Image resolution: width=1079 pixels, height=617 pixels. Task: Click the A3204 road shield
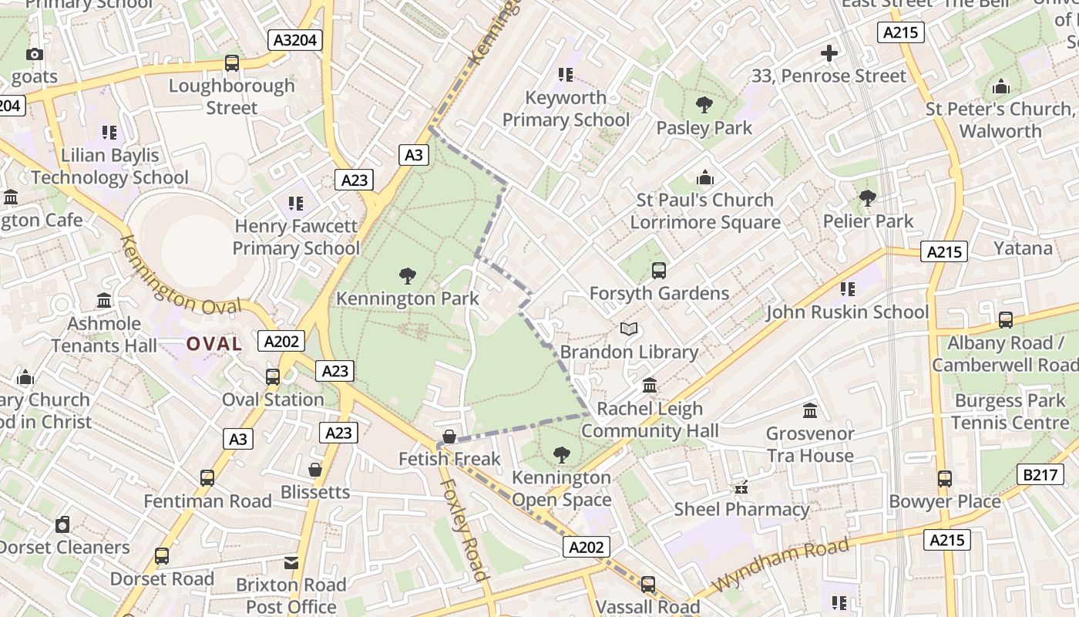point(294,40)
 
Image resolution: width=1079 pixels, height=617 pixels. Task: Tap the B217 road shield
point(1040,474)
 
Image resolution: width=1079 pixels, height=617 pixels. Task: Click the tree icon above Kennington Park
point(408,275)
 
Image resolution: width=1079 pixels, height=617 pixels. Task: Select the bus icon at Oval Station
point(273,377)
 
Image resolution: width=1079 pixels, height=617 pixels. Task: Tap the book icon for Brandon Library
point(629,329)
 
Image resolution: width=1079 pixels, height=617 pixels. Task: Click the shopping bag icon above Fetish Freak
point(449,437)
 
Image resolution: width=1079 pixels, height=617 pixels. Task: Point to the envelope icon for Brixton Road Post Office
point(291,563)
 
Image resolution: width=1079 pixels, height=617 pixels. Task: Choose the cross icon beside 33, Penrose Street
point(829,53)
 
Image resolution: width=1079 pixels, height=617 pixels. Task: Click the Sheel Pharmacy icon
point(741,487)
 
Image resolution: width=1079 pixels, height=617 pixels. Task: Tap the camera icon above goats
point(35,54)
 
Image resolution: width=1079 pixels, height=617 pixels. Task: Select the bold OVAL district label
point(214,344)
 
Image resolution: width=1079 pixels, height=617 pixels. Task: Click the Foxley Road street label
point(464,530)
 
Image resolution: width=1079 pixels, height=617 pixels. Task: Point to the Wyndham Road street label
point(782,565)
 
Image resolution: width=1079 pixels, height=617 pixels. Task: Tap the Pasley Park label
point(704,128)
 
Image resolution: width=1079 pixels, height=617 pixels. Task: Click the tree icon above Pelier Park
point(868,198)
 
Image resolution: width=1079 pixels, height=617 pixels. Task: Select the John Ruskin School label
point(846,312)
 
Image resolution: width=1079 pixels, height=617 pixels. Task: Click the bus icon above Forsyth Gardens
point(659,271)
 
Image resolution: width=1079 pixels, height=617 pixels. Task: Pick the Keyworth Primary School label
point(566,109)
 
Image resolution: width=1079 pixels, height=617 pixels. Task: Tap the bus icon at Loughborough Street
point(232,63)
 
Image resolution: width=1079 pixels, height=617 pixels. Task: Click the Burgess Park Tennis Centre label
point(1010,412)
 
